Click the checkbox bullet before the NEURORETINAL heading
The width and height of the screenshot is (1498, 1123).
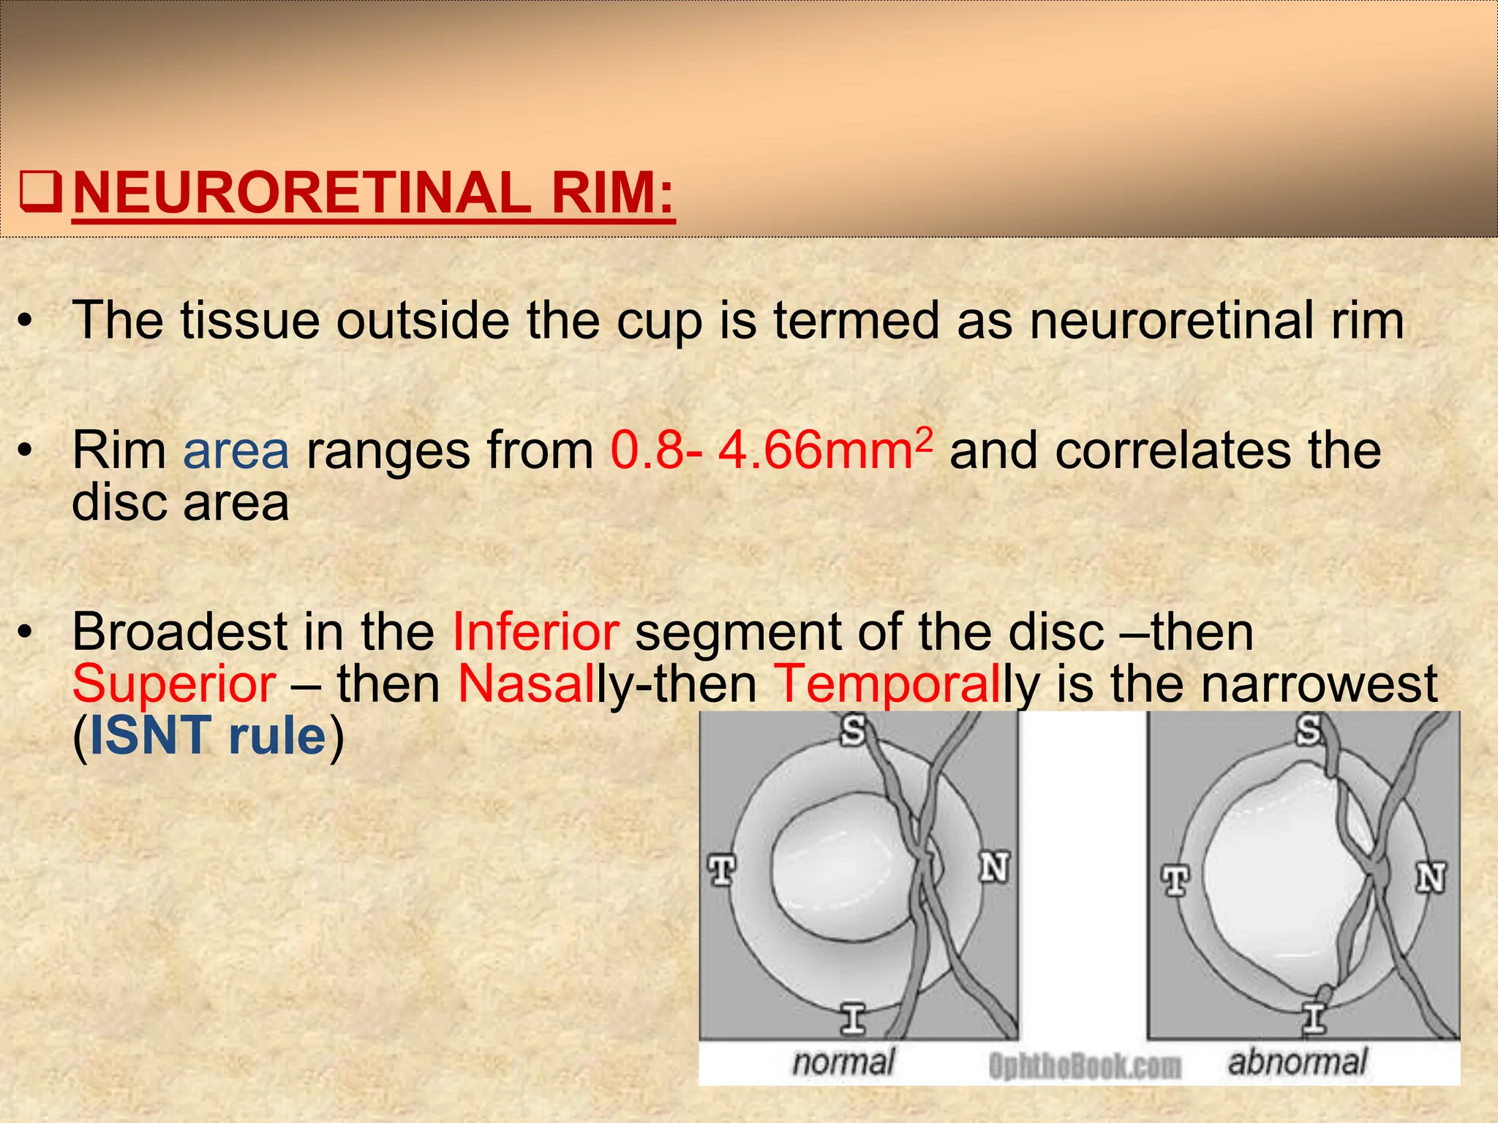click(x=40, y=192)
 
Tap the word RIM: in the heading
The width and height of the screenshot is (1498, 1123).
click(x=613, y=192)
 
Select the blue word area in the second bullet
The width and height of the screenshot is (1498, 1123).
click(x=236, y=451)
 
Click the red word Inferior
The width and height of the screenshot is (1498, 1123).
click(x=535, y=632)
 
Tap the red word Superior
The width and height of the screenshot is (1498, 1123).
click(x=174, y=684)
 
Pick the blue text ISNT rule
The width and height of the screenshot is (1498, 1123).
click(x=208, y=736)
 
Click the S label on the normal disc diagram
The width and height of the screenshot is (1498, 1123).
click(x=853, y=730)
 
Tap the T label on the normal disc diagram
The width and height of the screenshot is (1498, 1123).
click(x=722, y=870)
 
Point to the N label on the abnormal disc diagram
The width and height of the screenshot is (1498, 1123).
click(x=1431, y=877)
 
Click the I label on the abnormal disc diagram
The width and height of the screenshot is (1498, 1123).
click(x=1314, y=1018)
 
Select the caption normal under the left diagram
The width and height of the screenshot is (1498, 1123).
click(x=843, y=1062)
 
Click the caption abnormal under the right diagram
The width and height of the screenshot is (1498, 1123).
click(x=1297, y=1062)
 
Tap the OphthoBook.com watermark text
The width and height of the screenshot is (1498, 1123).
click(x=1084, y=1066)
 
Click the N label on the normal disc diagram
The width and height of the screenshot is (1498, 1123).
click(x=994, y=868)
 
